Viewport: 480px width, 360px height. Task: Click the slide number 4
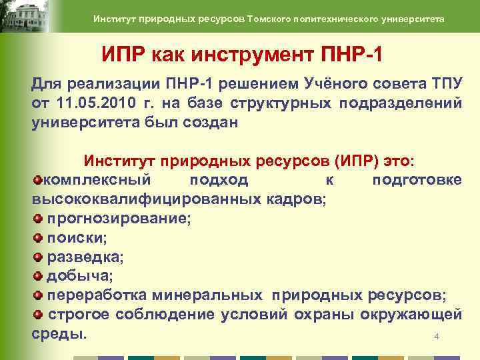(x=437, y=337)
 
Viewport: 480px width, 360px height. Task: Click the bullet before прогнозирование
(x=37, y=218)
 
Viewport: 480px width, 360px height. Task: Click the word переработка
(x=97, y=295)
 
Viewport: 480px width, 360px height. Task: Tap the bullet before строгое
(x=37, y=314)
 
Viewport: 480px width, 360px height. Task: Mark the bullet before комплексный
(x=37, y=180)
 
